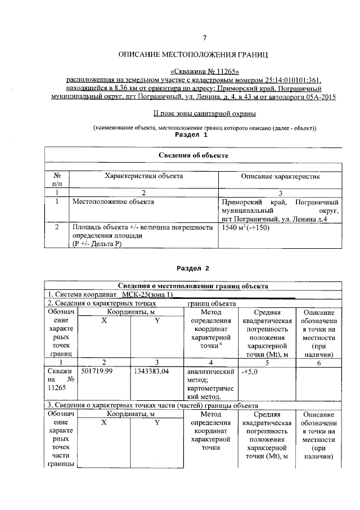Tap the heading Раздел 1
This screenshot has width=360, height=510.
[x=191, y=136]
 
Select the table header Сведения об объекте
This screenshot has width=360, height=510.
[x=193, y=155]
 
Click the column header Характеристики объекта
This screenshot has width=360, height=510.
[x=143, y=176]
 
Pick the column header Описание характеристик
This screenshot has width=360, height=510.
[x=280, y=176]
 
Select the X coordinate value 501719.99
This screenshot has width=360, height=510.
[x=99, y=372]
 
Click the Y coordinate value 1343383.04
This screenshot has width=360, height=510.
[x=154, y=372]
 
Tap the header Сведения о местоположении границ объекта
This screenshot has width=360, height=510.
[x=193, y=286]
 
